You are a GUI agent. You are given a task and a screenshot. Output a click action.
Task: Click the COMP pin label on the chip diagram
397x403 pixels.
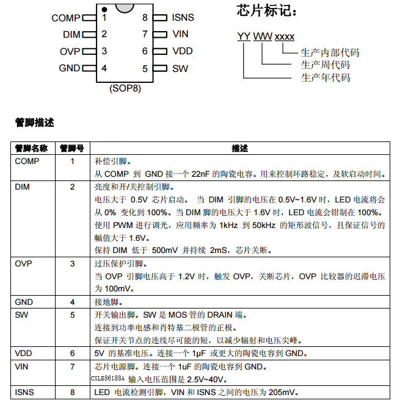click(65, 18)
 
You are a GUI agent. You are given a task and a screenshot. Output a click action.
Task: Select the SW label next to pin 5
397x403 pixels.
click(180, 68)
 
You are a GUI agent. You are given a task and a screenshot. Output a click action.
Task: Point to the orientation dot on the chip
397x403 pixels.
click(104, 9)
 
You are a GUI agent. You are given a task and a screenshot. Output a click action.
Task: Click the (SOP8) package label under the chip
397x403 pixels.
click(125, 88)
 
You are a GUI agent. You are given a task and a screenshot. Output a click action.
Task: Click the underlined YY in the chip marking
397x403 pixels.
click(244, 37)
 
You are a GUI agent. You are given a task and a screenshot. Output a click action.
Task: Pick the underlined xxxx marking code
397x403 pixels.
click(285, 37)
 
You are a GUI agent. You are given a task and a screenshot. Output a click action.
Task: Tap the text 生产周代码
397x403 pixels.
click(326, 65)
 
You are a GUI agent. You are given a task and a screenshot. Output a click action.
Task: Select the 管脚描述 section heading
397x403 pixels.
click(35, 123)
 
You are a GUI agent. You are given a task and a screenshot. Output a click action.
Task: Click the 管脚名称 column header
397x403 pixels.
click(31, 149)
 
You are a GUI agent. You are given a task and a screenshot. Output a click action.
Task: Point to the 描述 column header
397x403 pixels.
click(240, 149)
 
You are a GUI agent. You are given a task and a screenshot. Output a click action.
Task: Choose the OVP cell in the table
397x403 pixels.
click(23, 263)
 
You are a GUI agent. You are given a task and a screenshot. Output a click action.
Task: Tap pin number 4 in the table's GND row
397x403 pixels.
click(72, 302)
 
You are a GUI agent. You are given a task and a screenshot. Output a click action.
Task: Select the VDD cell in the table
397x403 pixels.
click(23, 353)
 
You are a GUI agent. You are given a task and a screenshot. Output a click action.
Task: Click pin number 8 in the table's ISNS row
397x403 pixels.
click(72, 391)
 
